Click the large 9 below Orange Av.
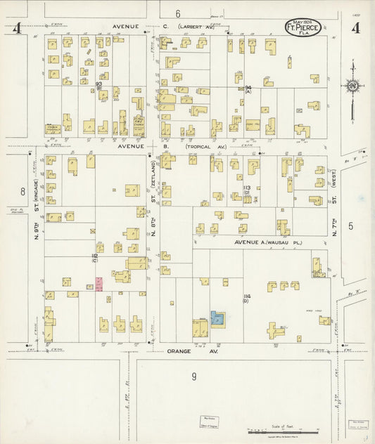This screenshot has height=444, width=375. click(x=194, y=377)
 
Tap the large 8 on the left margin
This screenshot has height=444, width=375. click(x=23, y=191)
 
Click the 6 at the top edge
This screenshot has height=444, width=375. click(x=178, y=13)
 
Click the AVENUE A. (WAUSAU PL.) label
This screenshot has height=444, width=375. click(x=262, y=241)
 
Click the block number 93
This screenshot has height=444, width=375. click(x=99, y=84)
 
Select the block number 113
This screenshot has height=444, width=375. click(x=247, y=188)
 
